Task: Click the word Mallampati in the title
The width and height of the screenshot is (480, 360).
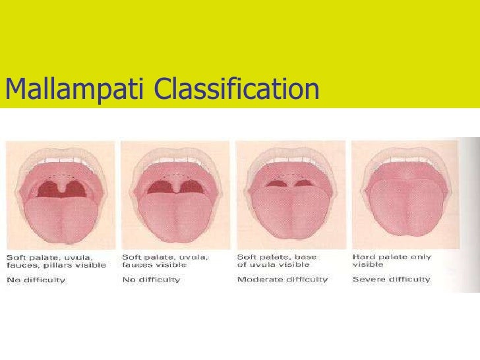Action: [75, 89]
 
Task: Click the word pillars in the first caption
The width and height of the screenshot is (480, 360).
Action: [57, 265]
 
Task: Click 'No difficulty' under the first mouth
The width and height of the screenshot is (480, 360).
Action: [36, 280]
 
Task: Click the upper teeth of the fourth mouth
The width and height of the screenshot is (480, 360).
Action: [405, 152]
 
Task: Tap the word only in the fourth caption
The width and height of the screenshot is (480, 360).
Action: [422, 256]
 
